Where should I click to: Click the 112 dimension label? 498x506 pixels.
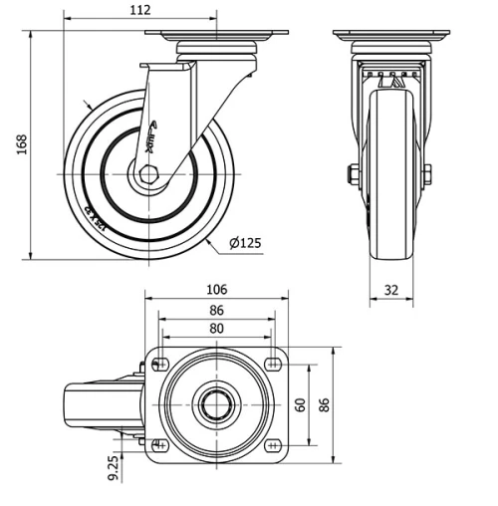tap(139, 10)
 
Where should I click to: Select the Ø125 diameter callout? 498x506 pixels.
tap(245, 243)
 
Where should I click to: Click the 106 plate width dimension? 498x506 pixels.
tap(216, 290)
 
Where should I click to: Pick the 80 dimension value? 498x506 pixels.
tap(216, 328)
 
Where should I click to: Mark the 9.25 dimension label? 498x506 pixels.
tap(115, 468)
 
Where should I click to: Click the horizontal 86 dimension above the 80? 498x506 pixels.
tap(216, 310)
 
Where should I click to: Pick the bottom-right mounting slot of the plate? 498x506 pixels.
tap(272, 442)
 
